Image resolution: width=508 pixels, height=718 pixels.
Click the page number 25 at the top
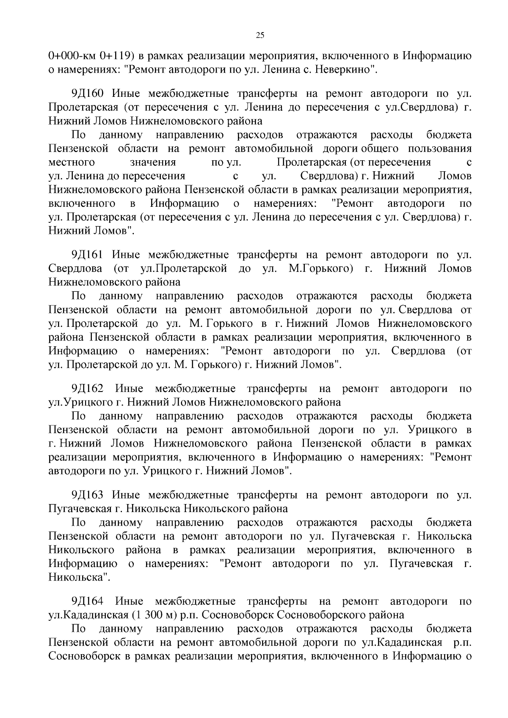coord(260,36)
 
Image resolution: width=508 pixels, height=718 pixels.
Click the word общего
coord(380,148)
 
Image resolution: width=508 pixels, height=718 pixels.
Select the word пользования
coord(440,148)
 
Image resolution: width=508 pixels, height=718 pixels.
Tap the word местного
coord(72,162)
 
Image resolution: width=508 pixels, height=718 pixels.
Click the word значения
coord(153,162)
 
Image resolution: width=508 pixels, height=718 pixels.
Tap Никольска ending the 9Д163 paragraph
coord(79,577)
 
